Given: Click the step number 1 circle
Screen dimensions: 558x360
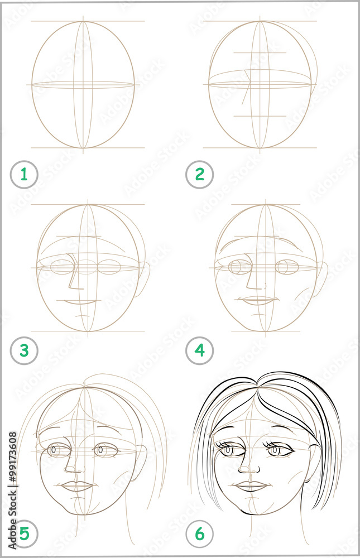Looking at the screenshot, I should (24, 175).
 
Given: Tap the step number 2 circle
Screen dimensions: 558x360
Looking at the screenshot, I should (200, 175).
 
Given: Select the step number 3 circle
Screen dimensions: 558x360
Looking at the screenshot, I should (24, 351).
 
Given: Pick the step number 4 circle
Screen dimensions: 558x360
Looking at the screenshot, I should (200, 351).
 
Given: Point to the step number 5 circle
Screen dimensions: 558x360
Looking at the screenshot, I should (24, 534).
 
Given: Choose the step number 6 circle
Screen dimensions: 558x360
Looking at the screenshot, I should (200, 534).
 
